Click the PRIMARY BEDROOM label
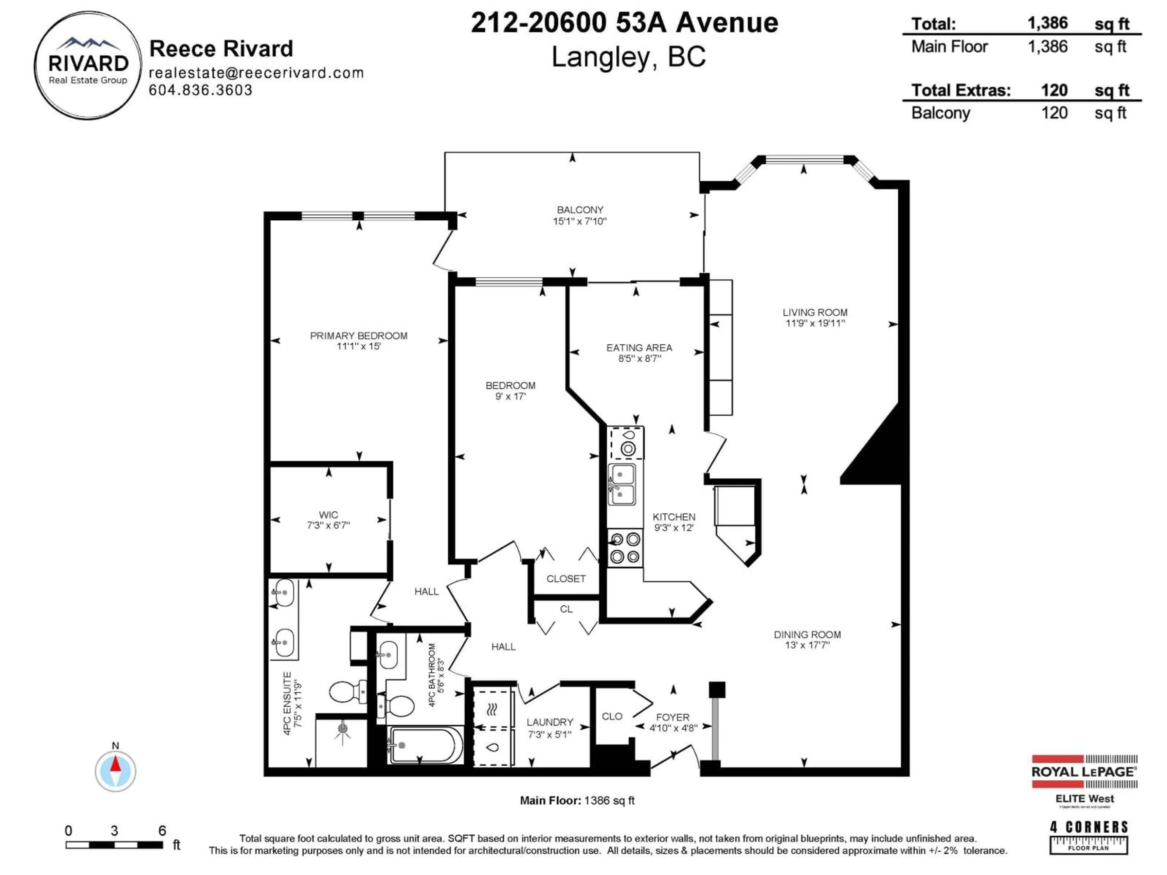click(358, 335)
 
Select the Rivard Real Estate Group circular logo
click(88, 66)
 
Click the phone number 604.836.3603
click(201, 90)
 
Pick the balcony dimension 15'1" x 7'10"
click(580, 221)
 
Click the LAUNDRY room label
click(550, 722)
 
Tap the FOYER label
click(673, 717)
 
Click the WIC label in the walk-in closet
click(328, 514)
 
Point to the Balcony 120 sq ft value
click(1054, 113)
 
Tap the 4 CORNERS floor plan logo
click(1088, 836)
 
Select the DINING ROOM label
click(807, 634)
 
